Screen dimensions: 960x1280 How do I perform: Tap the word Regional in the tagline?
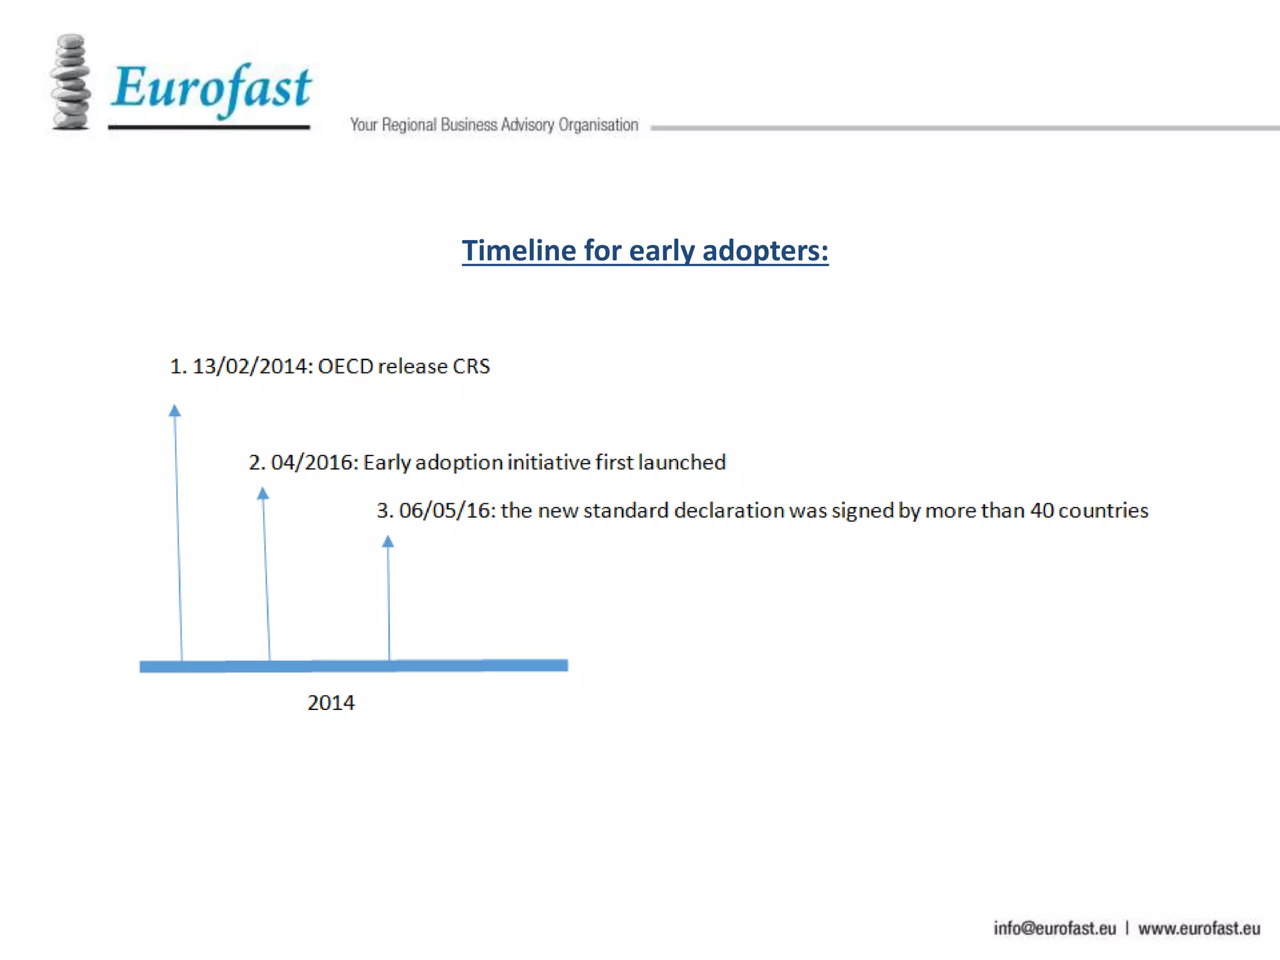click(409, 125)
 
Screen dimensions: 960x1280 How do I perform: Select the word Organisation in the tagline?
click(598, 125)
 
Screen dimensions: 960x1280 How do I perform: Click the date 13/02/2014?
click(252, 366)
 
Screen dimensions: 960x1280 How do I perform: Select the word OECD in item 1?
click(346, 366)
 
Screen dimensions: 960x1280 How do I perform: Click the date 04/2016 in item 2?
click(314, 462)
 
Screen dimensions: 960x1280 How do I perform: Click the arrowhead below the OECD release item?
click(175, 411)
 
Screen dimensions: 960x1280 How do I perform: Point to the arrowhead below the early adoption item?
click(263, 494)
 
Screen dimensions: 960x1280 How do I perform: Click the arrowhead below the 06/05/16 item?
click(388, 541)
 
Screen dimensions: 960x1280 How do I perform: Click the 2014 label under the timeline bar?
click(331, 703)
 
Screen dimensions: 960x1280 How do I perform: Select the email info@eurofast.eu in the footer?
click(1054, 929)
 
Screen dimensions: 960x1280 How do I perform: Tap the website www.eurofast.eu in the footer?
click(1199, 929)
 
